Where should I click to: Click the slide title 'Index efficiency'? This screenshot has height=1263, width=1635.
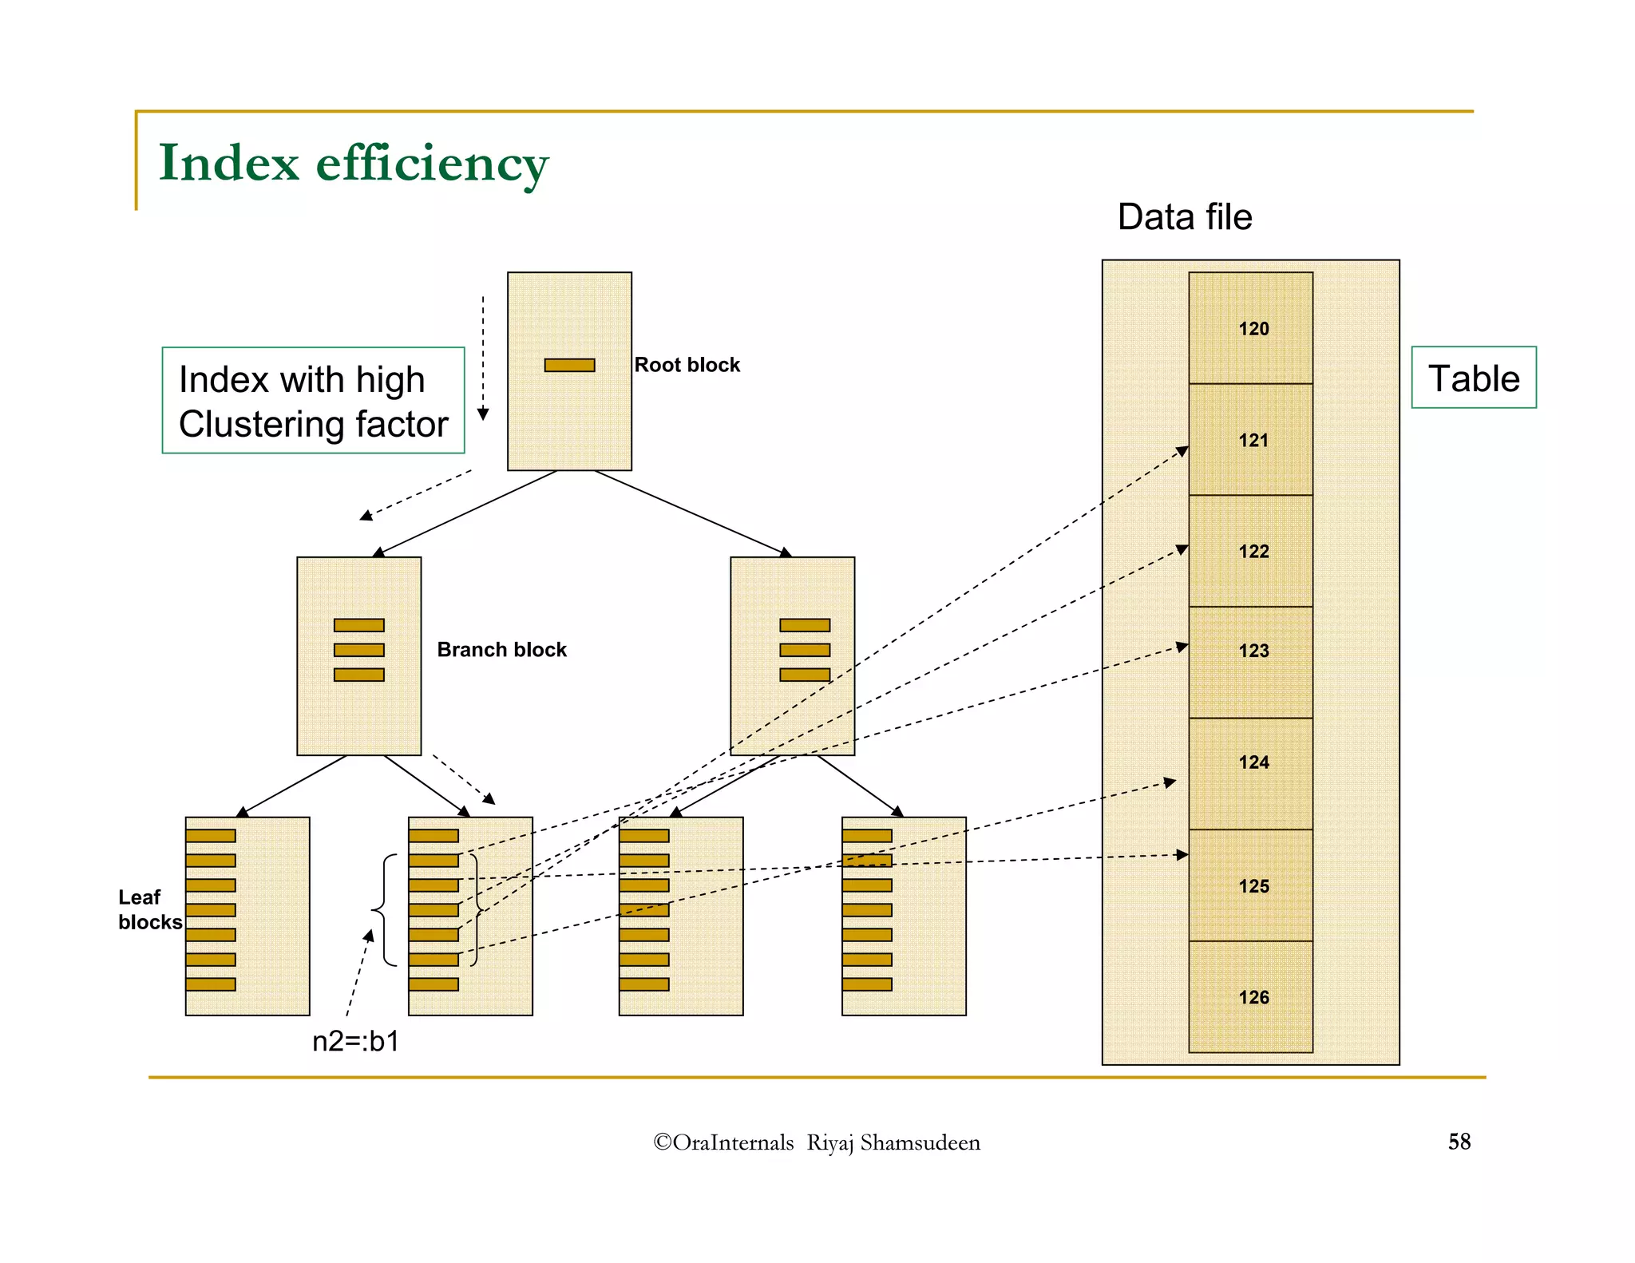(353, 163)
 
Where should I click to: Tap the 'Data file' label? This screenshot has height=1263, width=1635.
(1184, 217)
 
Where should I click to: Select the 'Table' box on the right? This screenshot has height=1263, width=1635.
(1473, 378)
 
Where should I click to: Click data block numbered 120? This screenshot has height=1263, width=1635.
(1250, 328)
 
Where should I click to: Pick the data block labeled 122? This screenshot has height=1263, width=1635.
(1250, 551)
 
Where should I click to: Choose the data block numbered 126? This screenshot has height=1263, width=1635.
(1250, 996)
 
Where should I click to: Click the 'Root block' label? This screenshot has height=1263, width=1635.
(687, 365)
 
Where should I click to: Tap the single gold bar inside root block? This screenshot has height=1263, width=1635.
(569, 365)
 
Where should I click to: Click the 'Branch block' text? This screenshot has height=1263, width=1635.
(501, 650)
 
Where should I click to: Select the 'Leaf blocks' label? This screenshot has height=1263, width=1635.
(149, 909)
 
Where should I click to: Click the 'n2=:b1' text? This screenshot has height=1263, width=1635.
(355, 1042)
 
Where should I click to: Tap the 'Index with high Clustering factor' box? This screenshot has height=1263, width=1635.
(313, 401)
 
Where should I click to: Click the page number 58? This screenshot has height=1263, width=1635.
(1459, 1142)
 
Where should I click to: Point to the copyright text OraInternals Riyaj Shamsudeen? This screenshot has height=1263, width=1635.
(816, 1142)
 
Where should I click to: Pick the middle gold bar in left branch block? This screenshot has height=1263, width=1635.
(358, 650)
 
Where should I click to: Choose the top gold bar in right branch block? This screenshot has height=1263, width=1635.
(804, 625)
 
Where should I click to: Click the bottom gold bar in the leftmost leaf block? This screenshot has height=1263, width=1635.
(211, 984)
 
